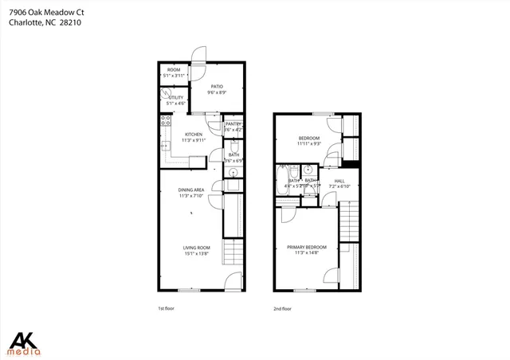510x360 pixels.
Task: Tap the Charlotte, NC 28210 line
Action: coord(44,23)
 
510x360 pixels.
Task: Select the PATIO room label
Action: coord(217,87)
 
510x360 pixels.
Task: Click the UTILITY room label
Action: coord(175,97)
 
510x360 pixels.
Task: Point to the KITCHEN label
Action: coord(194,134)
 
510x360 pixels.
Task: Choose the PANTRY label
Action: coord(233,124)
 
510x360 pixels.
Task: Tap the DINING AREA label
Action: coord(191,190)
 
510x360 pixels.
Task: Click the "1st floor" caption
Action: coord(166,308)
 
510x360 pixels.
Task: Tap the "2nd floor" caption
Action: coord(282,308)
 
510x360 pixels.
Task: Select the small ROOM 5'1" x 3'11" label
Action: coord(174,72)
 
